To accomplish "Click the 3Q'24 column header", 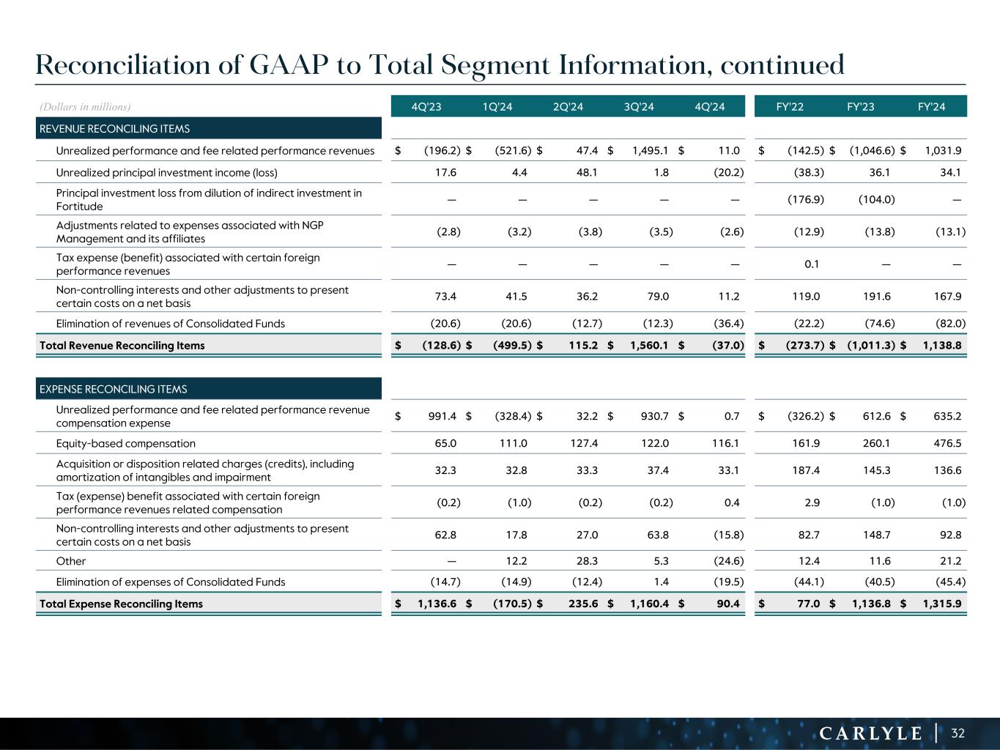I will click(x=639, y=107).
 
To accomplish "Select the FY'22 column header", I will click(x=790, y=107).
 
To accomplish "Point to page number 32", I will click(x=958, y=733).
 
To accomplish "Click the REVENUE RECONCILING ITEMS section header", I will click(x=114, y=129).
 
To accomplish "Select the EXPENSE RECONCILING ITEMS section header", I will click(x=113, y=389).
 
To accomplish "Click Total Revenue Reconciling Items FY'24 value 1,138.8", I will click(x=943, y=345).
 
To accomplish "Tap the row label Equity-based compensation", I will click(x=126, y=443).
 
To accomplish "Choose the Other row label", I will click(x=71, y=561).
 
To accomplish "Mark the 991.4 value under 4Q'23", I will click(x=442, y=416).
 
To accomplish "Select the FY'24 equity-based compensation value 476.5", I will click(x=947, y=443).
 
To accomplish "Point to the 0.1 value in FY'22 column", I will click(x=812, y=264).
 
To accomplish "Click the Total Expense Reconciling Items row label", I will click(x=121, y=604).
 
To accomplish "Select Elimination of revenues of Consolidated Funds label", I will click(x=171, y=323).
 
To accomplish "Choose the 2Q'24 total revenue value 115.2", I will click(x=583, y=345).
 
